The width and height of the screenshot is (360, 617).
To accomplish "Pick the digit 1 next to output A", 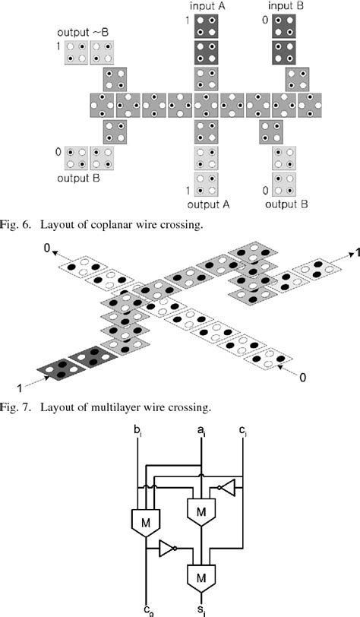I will click(x=188, y=190).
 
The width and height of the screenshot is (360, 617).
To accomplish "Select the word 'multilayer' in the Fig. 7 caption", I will click(x=118, y=408).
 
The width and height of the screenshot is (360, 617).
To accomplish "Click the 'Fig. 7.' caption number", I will click(x=18, y=408).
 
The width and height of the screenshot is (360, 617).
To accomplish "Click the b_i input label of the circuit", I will click(x=137, y=431).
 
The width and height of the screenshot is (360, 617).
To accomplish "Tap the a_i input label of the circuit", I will click(x=201, y=431).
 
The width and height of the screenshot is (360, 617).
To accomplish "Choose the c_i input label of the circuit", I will click(x=242, y=431).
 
